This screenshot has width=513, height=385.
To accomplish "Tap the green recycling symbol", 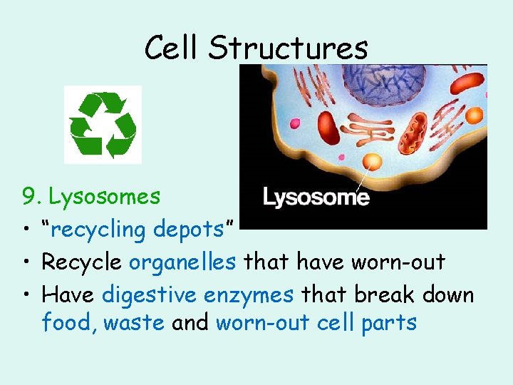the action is click(x=103, y=124).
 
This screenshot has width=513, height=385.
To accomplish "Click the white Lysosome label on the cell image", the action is click(x=316, y=197).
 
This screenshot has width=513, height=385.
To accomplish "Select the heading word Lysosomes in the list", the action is click(x=104, y=196).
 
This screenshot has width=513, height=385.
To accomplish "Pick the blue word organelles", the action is click(x=182, y=262).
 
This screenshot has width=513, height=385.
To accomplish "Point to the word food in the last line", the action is click(x=68, y=322).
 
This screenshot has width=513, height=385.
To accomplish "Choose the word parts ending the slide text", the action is click(x=388, y=323).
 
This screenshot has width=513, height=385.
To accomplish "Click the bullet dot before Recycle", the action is click(x=27, y=262).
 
